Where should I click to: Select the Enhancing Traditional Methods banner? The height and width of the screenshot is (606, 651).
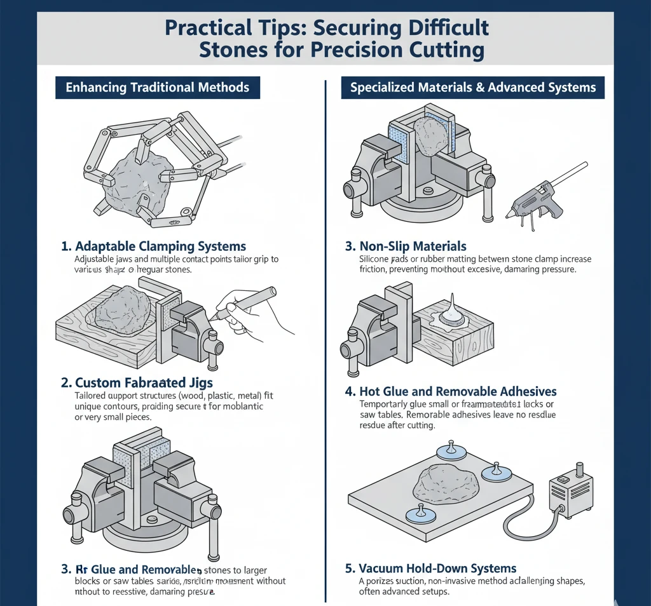click(x=156, y=88)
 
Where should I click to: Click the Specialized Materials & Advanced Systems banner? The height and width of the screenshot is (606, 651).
click(x=473, y=88)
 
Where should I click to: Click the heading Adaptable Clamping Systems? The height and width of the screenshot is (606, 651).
click(x=160, y=246)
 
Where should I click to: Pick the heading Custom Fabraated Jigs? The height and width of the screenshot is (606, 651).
click(x=144, y=382)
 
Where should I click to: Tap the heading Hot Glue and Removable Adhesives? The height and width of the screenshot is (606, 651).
click(x=458, y=391)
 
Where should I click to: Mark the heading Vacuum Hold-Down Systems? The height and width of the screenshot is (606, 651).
click(x=437, y=568)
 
